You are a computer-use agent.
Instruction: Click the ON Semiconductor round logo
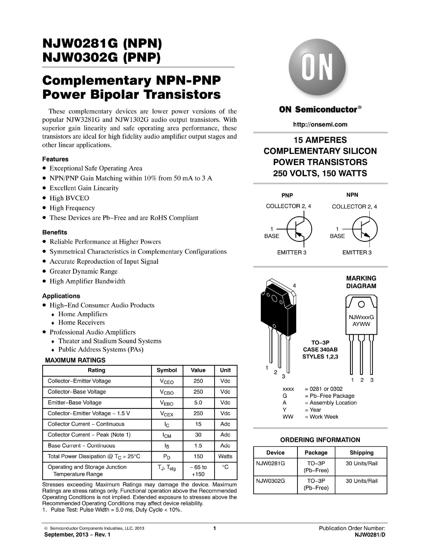317,66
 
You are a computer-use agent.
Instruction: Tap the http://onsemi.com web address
320,125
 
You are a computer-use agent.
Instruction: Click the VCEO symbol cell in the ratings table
167,381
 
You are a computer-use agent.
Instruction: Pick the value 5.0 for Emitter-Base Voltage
198,403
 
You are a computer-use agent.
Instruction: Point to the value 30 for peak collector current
198,435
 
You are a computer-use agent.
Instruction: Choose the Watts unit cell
225,456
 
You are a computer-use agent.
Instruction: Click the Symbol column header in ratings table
167,370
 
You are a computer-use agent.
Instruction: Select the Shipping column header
361,453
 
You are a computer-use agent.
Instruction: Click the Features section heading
55,159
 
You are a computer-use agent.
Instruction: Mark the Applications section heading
61,296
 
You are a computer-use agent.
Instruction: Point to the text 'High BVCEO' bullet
69,198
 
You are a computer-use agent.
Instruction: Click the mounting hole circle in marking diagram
361,305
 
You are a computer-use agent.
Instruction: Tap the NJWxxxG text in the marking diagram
361,317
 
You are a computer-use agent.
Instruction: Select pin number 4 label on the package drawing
294,286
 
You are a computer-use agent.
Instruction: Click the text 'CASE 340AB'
320,350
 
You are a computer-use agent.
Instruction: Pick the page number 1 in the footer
215,528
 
